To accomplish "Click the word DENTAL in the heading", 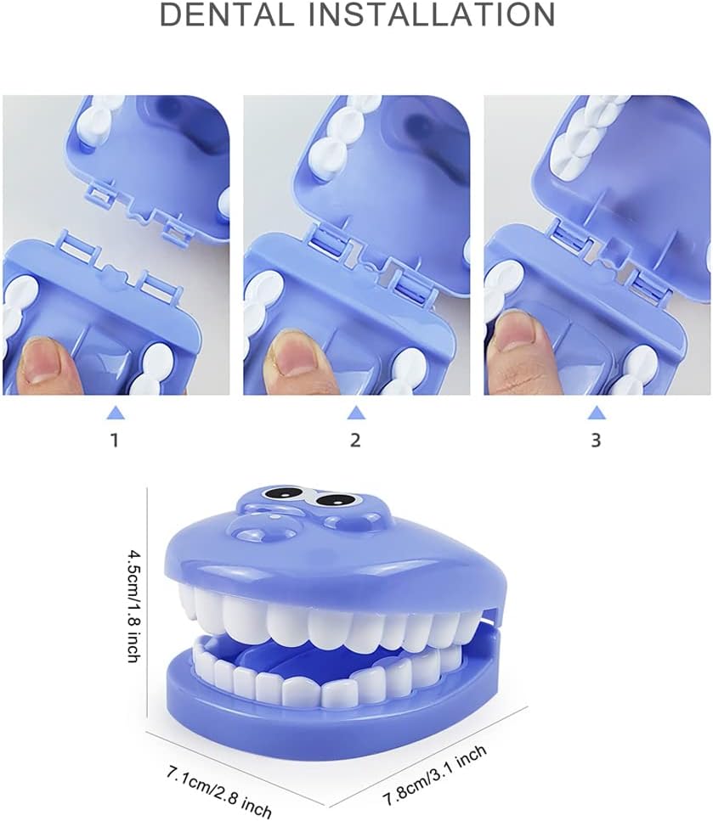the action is click(227, 14).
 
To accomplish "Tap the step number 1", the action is click(115, 441).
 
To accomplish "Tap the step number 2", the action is click(355, 441).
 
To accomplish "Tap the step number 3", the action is click(596, 441).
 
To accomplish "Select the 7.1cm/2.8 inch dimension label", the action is click(219, 793).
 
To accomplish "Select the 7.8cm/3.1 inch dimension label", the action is click(435, 775).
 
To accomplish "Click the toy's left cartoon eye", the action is click(284, 494).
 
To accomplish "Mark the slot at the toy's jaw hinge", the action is click(491, 619).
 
